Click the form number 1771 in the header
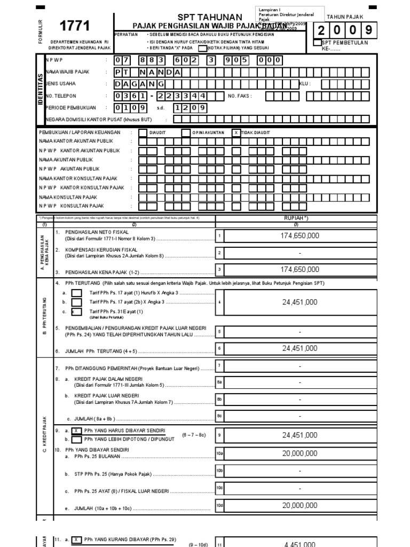pyautogui.click(x=75, y=26)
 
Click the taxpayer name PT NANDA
pyautogui.click(x=149, y=72)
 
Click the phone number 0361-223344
pyautogui.click(x=168, y=96)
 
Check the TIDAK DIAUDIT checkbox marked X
pyautogui.click(x=236, y=132)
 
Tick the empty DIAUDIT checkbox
pyautogui.click(x=143, y=132)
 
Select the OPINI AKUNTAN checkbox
pyautogui.click(x=185, y=132)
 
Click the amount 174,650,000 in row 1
pyautogui.click(x=299, y=236)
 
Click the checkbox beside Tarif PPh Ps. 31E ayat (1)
pyautogui.click(x=76, y=311)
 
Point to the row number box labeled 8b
pyautogui.click(x=219, y=399)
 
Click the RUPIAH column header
pyautogui.click(x=299, y=218)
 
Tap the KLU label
pyautogui.click(x=304, y=84)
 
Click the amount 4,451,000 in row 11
pyautogui.click(x=299, y=544)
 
